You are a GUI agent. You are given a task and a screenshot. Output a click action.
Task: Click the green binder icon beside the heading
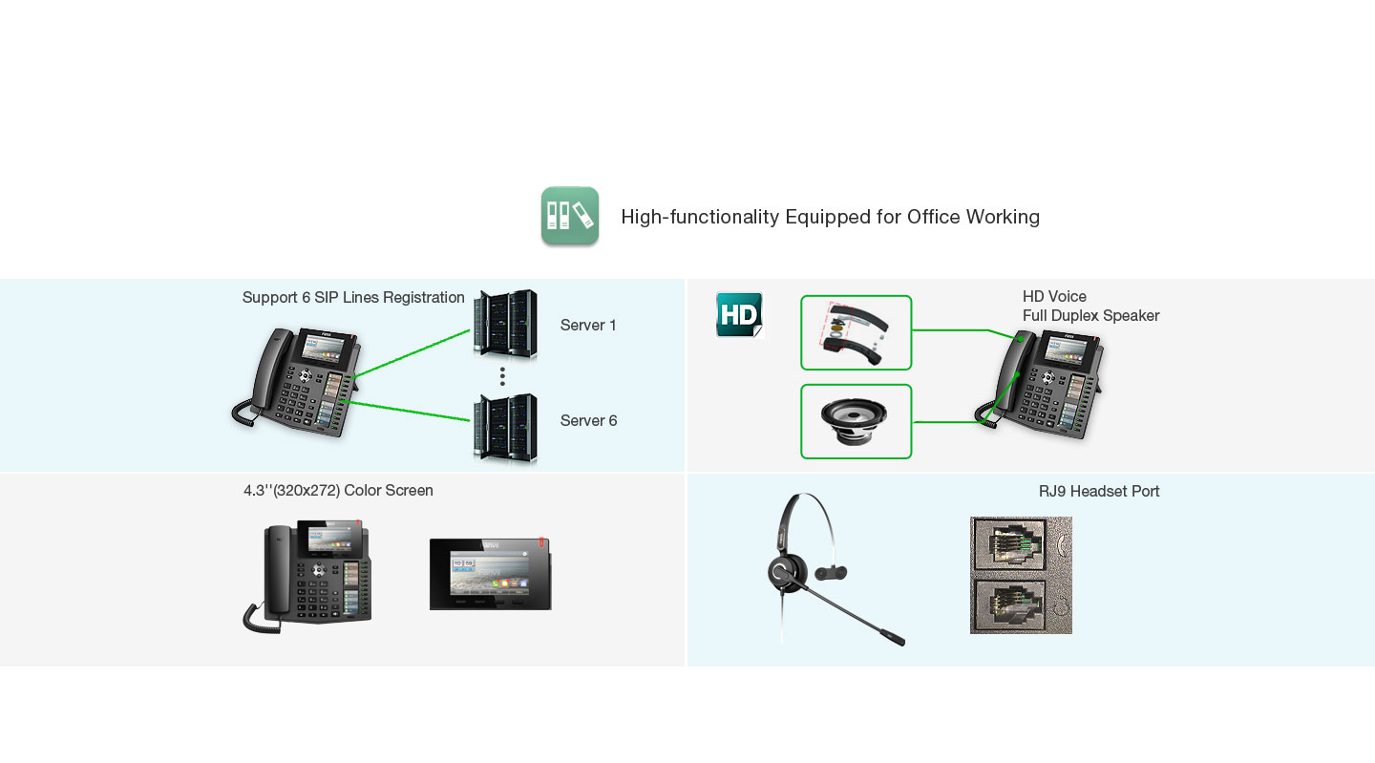[x=569, y=216]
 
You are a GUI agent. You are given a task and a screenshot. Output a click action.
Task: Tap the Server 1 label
[x=588, y=326]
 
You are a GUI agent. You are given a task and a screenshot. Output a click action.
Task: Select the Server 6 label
[x=588, y=421]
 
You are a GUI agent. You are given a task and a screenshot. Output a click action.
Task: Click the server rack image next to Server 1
[x=505, y=325]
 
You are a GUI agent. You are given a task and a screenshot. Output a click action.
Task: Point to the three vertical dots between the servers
[x=502, y=376]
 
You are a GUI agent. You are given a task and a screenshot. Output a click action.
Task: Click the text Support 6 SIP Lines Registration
[x=353, y=298]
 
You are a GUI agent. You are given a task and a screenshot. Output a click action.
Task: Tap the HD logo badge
[x=739, y=314]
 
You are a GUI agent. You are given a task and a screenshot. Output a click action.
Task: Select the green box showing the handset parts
[x=856, y=332]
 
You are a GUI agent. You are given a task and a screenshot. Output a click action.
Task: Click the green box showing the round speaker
[x=856, y=421]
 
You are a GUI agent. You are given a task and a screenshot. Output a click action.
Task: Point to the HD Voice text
[x=1054, y=297]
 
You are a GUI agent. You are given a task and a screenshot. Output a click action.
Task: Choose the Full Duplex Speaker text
[x=1090, y=316]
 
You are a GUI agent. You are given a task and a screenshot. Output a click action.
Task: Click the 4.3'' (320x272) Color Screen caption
[x=338, y=491]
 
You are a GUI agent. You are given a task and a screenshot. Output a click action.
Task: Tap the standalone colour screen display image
[x=490, y=574]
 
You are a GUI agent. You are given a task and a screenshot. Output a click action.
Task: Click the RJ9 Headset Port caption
[x=1099, y=492]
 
